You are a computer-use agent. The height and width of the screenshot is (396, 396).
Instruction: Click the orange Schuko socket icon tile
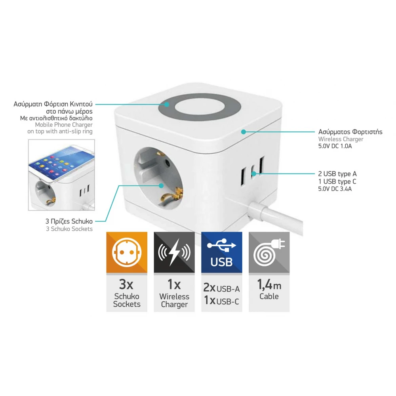127,252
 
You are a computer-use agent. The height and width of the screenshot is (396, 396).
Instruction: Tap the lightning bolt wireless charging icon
174,252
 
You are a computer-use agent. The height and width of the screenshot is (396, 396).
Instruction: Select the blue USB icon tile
222,252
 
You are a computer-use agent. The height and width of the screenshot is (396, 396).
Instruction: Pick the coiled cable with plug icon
269,253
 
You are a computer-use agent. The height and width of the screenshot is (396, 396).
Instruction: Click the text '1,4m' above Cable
269,285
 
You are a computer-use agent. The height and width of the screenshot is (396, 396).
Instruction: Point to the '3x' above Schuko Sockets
126,284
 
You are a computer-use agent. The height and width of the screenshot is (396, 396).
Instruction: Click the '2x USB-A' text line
221,287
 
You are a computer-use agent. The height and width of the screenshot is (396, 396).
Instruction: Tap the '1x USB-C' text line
221,301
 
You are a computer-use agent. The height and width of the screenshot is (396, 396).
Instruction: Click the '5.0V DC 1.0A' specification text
335,146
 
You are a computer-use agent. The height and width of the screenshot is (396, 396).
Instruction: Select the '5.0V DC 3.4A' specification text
335,189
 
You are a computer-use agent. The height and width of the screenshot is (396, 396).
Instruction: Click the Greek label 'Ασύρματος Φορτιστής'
350,132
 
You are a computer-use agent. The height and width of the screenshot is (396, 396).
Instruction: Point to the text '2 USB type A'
337,174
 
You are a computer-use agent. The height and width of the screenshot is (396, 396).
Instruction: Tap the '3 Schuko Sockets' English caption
69,229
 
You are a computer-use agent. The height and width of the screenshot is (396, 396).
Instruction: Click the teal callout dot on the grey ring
167,104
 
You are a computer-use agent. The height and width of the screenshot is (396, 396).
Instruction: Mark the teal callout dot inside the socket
161,186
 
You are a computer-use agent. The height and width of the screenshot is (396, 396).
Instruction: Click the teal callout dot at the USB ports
254,173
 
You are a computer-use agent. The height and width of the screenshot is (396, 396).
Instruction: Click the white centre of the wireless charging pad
200,110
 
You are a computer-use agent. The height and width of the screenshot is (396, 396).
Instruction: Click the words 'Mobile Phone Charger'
64,125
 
